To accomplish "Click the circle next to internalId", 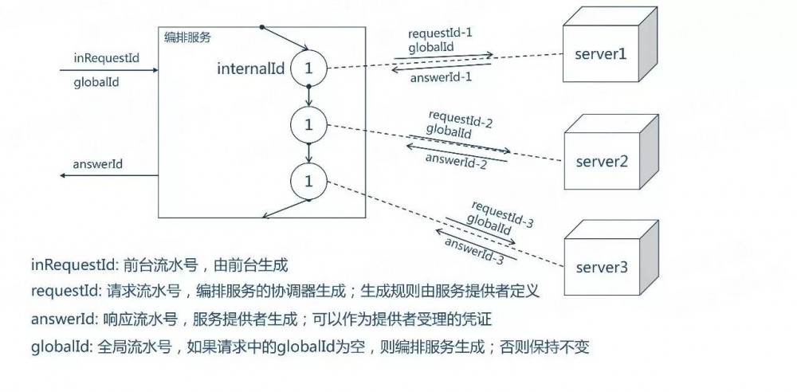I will (307, 69).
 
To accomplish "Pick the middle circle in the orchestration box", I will (307, 123).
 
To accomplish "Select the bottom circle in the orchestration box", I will (307, 181).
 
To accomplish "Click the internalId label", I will (250, 69).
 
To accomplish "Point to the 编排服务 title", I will (187, 37).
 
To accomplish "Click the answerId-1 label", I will (442, 77).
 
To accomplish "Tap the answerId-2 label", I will (456, 159).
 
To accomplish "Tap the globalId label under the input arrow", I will (96, 82).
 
